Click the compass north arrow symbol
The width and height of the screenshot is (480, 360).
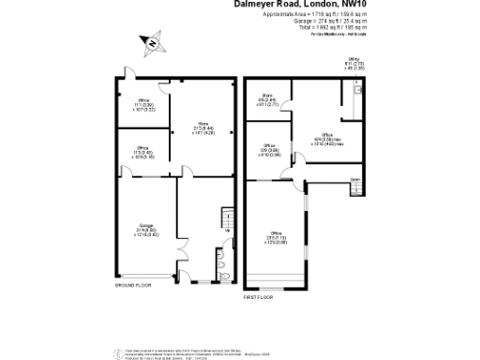click(x=151, y=41)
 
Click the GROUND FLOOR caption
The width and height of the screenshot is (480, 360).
click(x=134, y=284)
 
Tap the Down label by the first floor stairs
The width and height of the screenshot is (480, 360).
click(x=356, y=178)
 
